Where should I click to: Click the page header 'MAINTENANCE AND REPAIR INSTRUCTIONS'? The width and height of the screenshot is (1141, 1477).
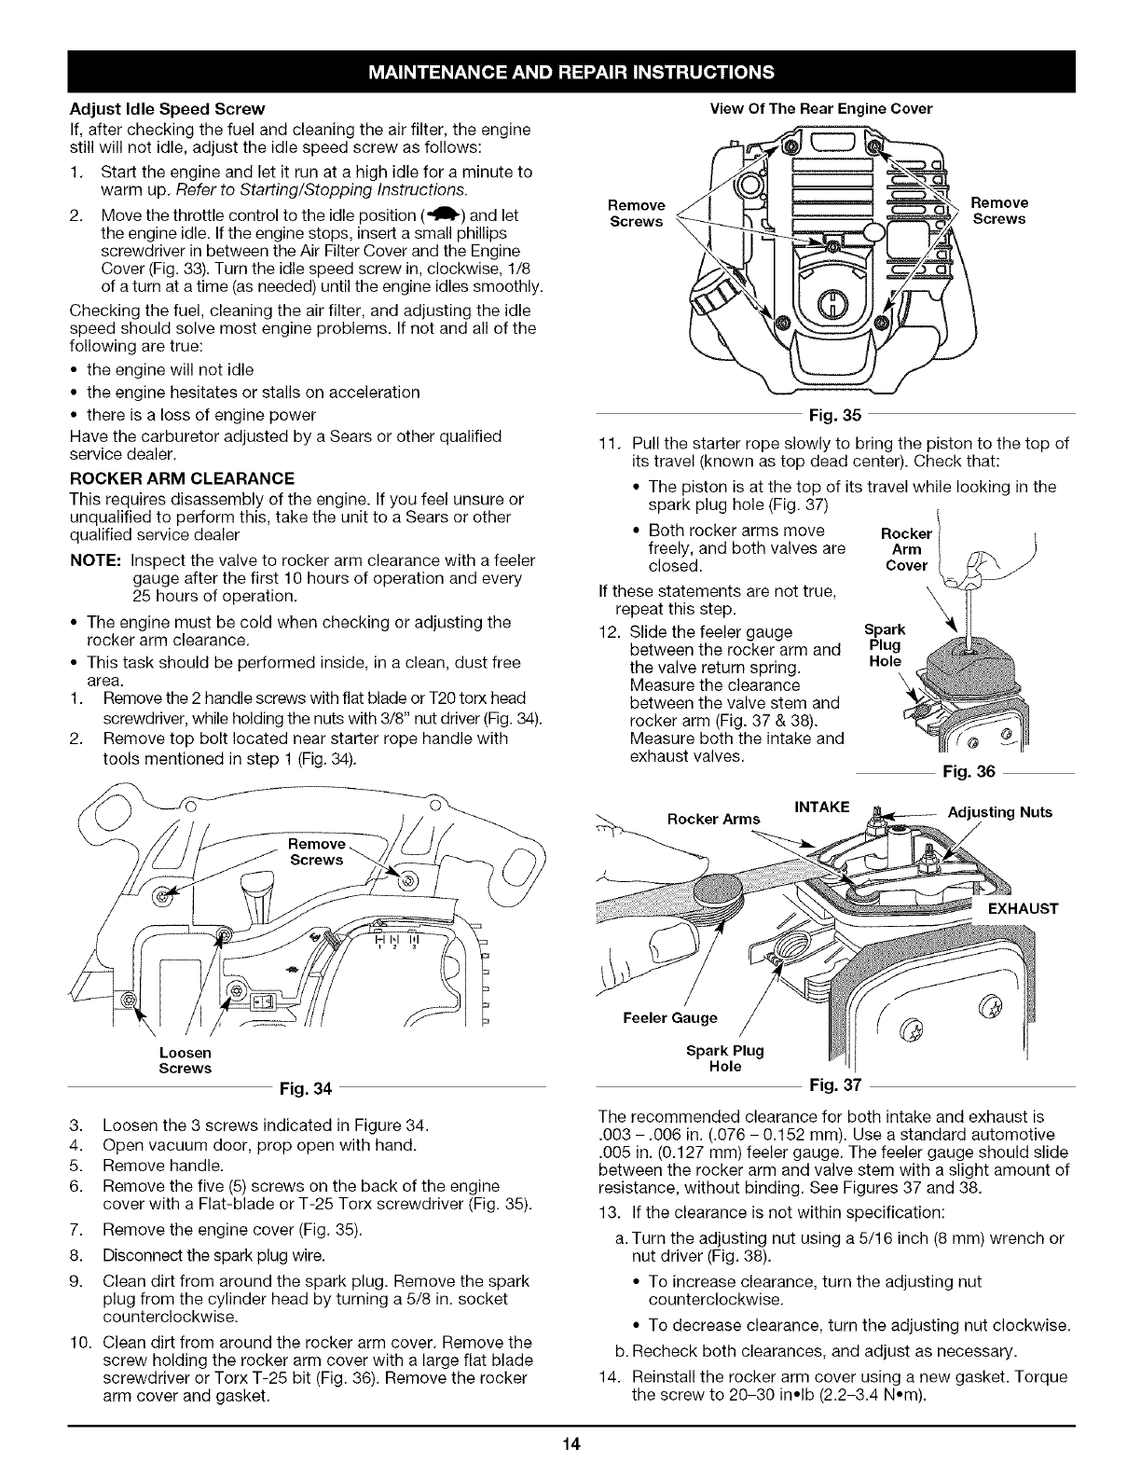pyautogui.click(x=570, y=71)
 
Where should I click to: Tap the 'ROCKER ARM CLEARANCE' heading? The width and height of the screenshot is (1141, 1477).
pyautogui.click(x=182, y=478)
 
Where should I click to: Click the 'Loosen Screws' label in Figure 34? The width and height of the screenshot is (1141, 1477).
pyautogui.click(x=186, y=1060)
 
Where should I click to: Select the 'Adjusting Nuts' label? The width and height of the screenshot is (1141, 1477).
pyautogui.click(x=999, y=812)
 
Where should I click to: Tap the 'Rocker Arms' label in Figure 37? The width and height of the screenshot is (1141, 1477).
pyautogui.click(x=714, y=819)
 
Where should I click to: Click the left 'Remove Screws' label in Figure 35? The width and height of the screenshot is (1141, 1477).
pyautogui.click(x=636, y=213)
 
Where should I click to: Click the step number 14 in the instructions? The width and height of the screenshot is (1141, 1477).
pyautogui.click(x=607, y=1377)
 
